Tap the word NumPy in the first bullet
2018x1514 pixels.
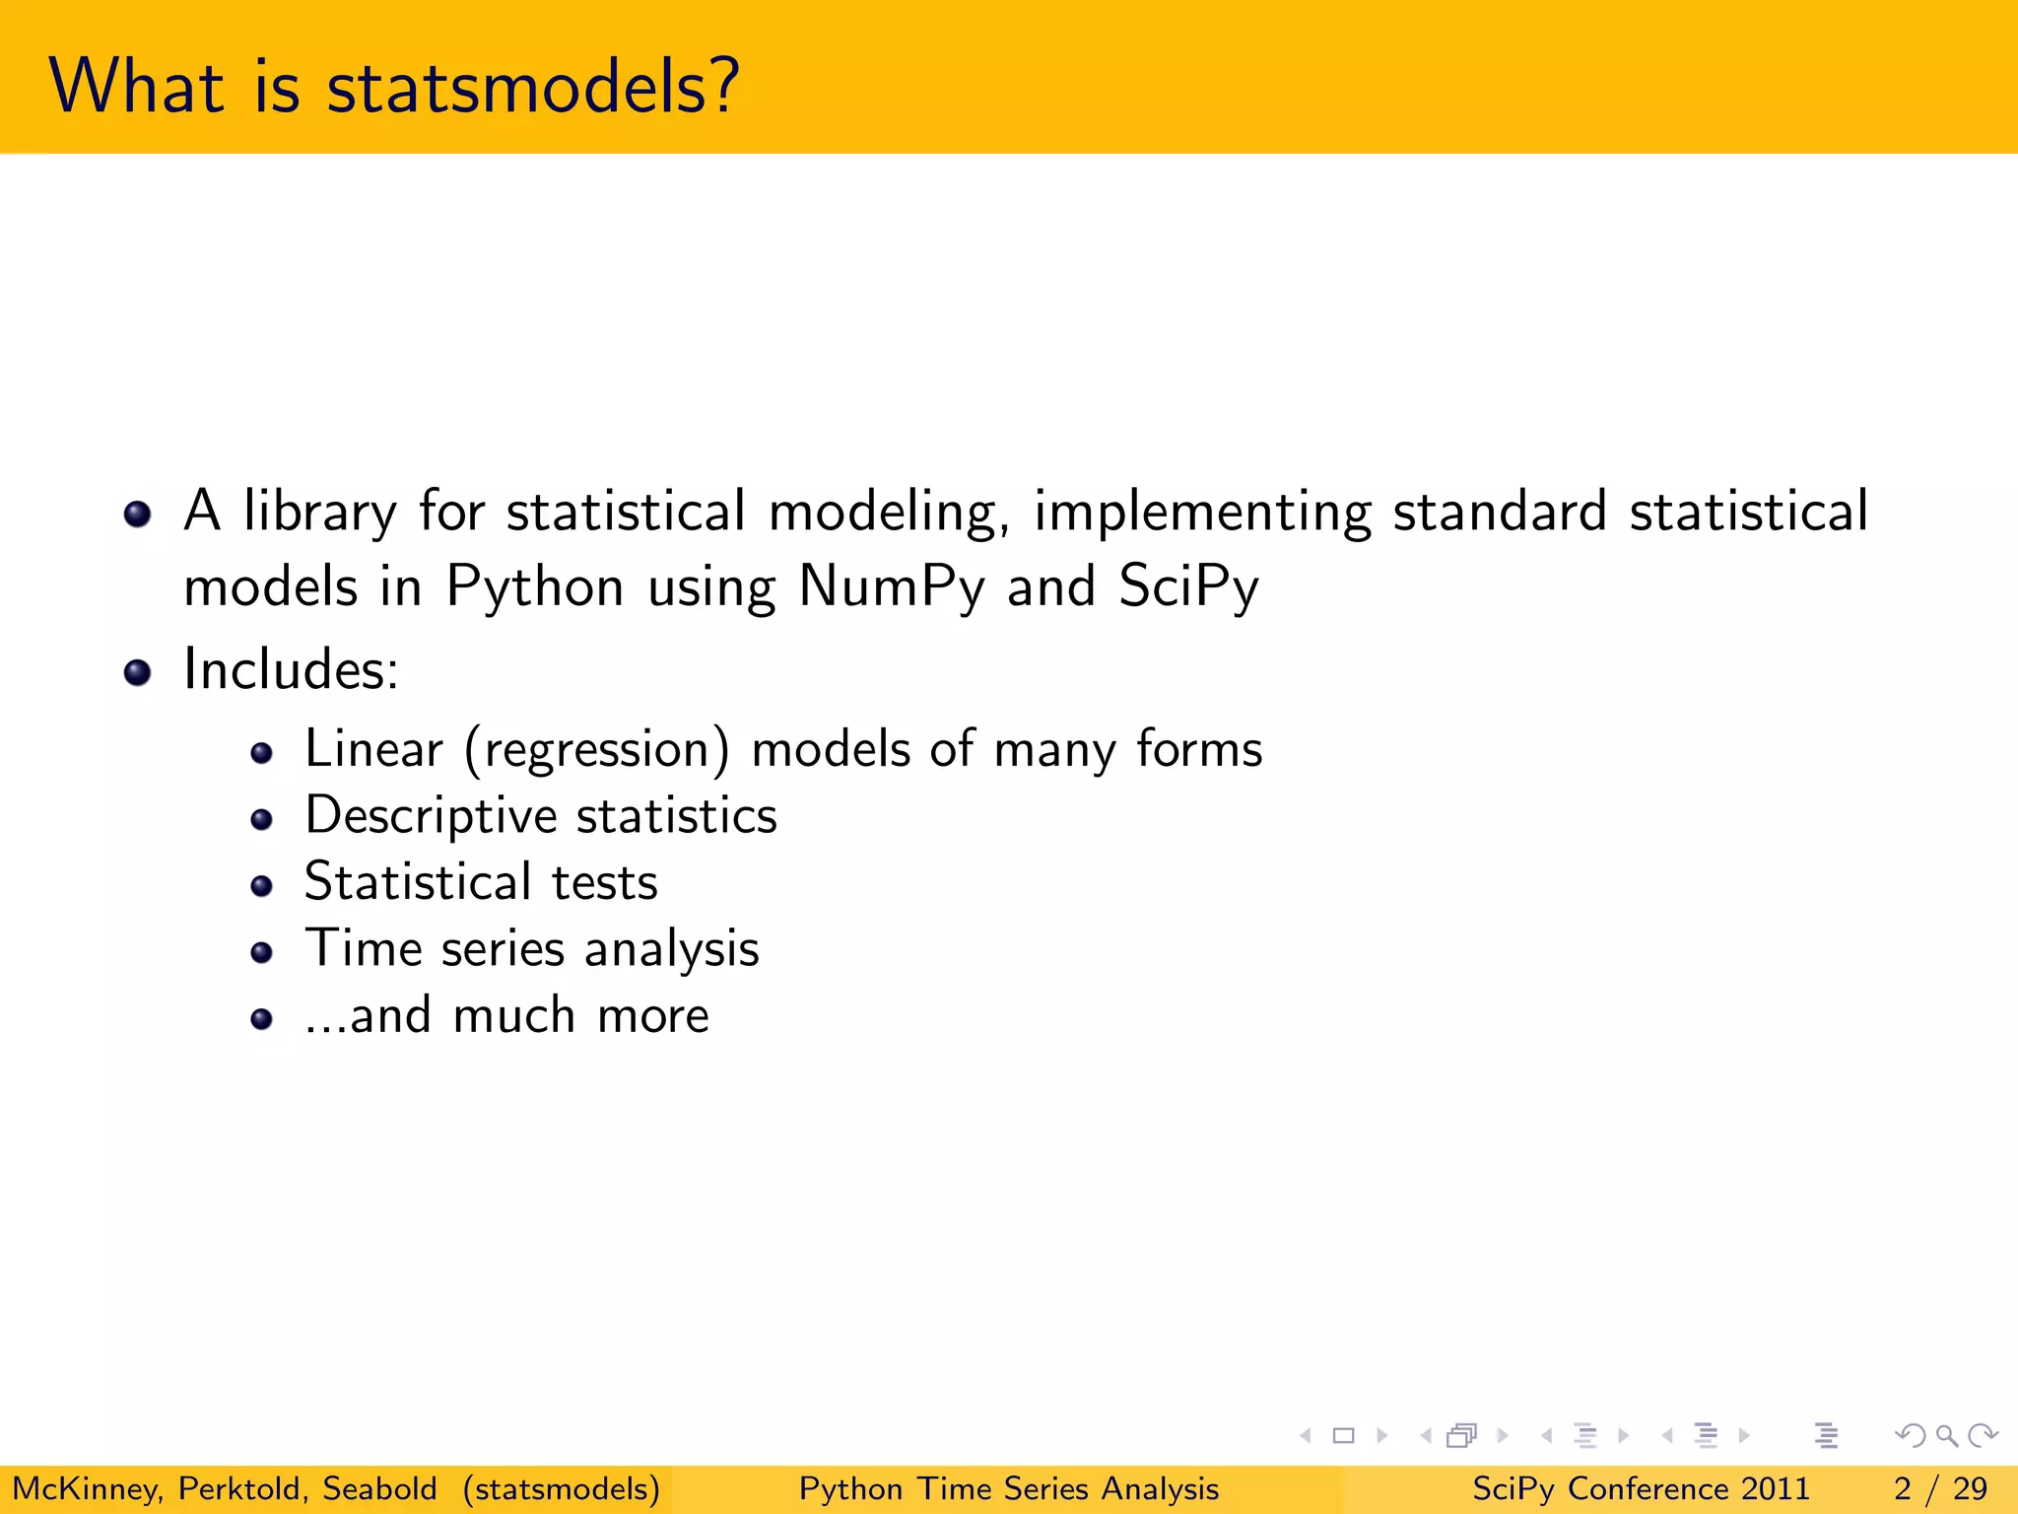click(891, 586)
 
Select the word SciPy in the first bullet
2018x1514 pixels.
click(1188, 586)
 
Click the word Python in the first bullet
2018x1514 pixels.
click(535, 586)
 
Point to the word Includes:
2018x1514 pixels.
click(291, 670)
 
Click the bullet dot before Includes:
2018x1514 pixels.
click(137, 673)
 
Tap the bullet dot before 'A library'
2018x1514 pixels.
click(137, 514)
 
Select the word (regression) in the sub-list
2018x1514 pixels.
click(597, 749)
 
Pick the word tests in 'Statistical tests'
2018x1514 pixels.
click(604, 882)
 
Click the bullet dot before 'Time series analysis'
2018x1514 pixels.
click(261, 952)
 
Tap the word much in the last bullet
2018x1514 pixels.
click(513, 1015)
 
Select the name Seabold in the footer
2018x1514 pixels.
click(379, 1488)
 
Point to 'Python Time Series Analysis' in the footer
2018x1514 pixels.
click(1008, 1488)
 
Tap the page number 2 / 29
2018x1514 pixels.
click(1939, 1488)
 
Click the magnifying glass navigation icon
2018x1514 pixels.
click(1946, 1435)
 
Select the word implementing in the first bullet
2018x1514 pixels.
click(1202, 513)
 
